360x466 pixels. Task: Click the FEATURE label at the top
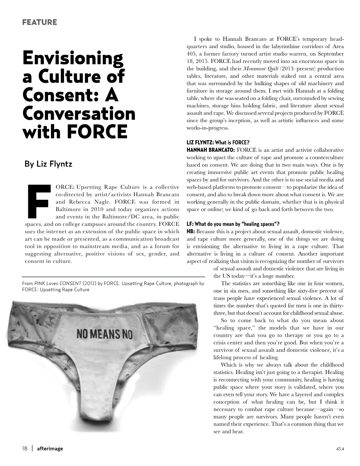click(x=39, y=22)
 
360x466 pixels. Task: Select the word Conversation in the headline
click(x=79, y=114)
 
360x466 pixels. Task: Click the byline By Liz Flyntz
click(x=48, y=164)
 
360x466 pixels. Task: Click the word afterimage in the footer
click(x=50, y=448)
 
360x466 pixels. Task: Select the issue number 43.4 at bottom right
click(x=339, y=449)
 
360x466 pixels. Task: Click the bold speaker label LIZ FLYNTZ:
click(x=200, y=143)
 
